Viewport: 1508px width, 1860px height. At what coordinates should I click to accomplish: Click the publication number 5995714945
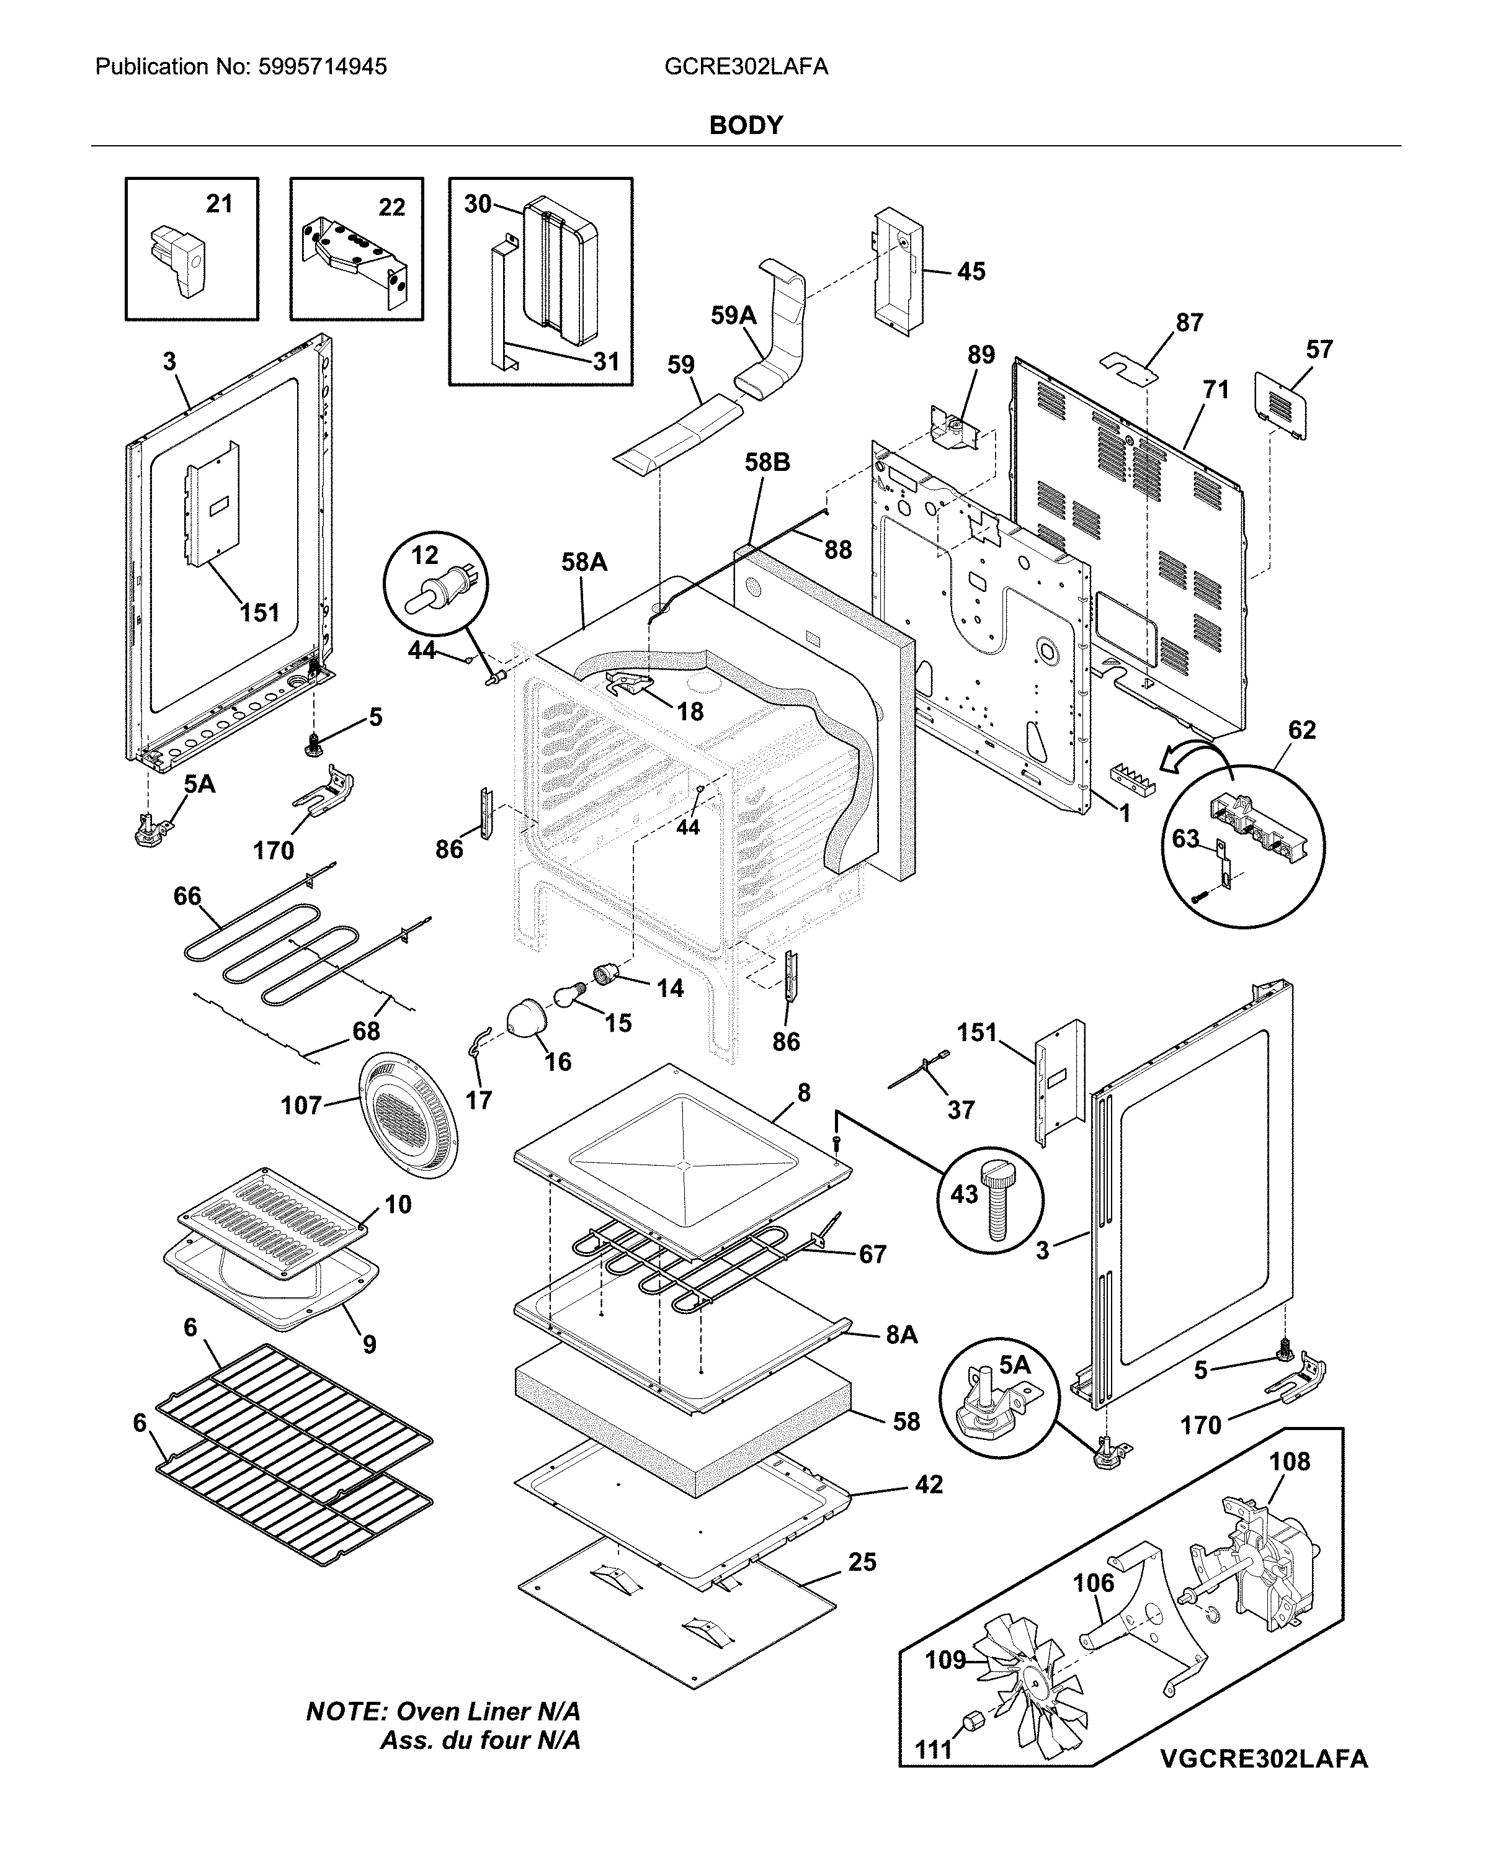[323, 67]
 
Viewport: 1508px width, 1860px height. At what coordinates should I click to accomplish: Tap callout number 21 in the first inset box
[219, 204]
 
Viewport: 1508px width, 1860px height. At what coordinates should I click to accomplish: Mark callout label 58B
[767, 463]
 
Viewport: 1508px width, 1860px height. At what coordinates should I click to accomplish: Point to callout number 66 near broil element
[187, 896]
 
